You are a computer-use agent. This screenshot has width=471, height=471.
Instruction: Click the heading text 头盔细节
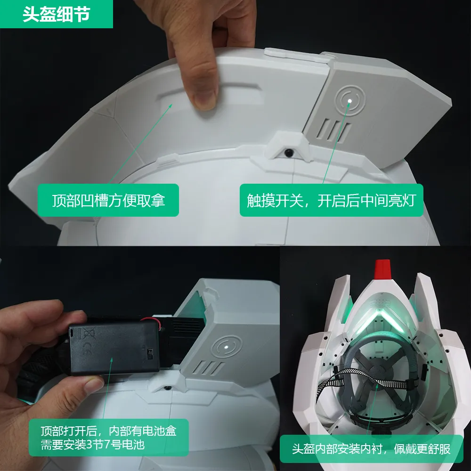[x=56, y=14]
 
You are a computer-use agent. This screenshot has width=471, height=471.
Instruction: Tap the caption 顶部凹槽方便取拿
[x=108, y=200]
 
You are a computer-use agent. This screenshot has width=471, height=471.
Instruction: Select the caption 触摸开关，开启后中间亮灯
[x=331, y=200]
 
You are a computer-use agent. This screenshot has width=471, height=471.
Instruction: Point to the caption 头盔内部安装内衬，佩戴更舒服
[x=371, y=449]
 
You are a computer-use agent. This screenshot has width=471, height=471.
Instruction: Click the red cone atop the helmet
[x=382, y=268]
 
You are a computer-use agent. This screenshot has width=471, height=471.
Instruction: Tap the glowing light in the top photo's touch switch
[x=349, y=101]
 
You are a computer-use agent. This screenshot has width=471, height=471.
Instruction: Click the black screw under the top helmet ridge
[x=289, y=152]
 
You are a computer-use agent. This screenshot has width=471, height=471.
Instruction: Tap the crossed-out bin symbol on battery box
[x=89, y=333]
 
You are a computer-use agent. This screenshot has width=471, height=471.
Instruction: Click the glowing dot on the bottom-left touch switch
[x=226, y=348]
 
